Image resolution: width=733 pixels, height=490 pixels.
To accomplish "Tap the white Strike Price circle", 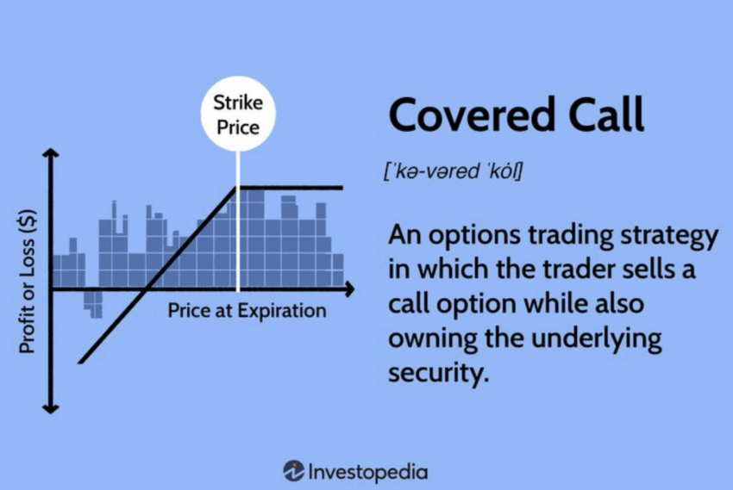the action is (x=238, y=114).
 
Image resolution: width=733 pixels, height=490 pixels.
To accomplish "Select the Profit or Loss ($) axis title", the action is (x=27, y=282).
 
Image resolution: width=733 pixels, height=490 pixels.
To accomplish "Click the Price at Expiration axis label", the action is (x=247, y=311).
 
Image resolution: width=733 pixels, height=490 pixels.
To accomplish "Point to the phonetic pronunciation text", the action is (x=453, y=171).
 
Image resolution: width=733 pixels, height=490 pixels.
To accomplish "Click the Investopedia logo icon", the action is (x=293, y=471).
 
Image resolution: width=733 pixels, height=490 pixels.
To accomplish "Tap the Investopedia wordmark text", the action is (x=368, y=472).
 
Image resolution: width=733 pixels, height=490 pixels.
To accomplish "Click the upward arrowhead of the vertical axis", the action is (x=51, y=153).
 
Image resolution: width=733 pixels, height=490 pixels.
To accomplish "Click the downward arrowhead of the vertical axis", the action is (x=51, y=409).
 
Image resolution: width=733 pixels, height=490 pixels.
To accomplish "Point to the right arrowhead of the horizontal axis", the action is (x=349, y=289).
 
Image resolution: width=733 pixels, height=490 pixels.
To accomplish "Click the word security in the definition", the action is (x=438, y=374).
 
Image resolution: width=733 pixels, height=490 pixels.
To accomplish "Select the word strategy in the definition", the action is (x=669, y=236).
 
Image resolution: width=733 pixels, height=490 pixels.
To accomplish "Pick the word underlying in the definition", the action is (x=597, y=339).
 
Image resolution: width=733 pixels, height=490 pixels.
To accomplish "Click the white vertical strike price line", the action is (x=238, y=221).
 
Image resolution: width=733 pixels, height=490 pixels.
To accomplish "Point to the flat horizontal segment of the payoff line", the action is (x=290, y=188).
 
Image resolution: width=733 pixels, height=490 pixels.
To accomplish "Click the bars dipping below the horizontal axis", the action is (x=93, y=305).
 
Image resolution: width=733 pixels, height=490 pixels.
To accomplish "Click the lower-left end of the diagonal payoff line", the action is (x=80, y=362).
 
